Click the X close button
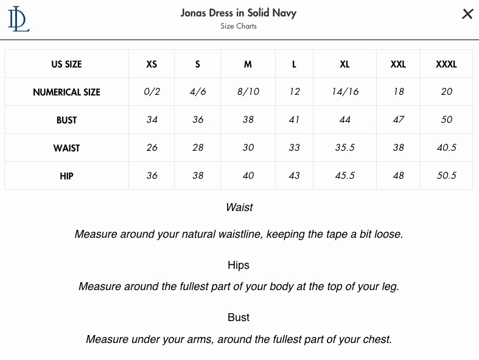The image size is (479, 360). coord(467,14)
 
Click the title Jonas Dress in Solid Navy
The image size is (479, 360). coord(239,13)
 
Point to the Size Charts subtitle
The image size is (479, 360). coord(239,26)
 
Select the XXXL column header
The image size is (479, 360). coord(446,64)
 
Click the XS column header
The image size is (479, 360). coord(152,64)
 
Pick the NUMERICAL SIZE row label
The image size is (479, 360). coord(66,92)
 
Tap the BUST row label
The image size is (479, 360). coord(66,120)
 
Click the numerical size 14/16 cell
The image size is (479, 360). coord(345,92)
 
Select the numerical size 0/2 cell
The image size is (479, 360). coord(152,92)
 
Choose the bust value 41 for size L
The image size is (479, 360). coord(294,120)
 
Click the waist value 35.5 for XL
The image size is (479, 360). coord(345,148)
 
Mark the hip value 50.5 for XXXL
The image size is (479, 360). coord(446,176)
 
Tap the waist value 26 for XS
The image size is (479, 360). coord(152,148)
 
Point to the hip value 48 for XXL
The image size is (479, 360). coord(398,176)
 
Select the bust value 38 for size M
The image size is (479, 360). coord(248,120)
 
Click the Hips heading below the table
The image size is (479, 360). coord(239,265)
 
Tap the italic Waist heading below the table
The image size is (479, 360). coord(239,207)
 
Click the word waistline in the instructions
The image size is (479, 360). coord(240,234)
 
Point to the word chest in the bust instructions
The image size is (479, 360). coord(376,339)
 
